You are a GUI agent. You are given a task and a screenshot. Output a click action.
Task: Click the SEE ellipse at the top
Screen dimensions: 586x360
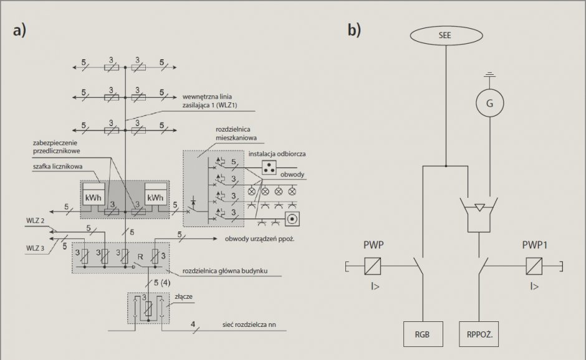coord(446,36)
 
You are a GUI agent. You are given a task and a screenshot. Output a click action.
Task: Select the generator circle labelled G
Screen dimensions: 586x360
coord(489,103)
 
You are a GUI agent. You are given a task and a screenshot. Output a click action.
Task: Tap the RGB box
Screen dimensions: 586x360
coord(423,334)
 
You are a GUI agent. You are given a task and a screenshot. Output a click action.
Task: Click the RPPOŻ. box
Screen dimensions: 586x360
coord(479,334)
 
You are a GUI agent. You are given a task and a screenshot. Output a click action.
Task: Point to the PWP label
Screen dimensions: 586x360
coord(373,245)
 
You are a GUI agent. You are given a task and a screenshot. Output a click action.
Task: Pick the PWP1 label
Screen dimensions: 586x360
coord(535,245)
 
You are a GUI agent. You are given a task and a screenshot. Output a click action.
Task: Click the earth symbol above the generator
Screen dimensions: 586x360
coord(489,75)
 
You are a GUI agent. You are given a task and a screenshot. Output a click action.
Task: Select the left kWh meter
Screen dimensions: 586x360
coord(94,194)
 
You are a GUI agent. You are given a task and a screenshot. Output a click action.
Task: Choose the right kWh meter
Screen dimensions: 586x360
coord(156,194)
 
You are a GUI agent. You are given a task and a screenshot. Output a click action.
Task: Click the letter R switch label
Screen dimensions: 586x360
coord(140,256)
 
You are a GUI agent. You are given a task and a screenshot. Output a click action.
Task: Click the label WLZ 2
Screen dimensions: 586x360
coord(35,220)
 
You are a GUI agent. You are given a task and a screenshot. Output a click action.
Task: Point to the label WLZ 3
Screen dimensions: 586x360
coord(35,248)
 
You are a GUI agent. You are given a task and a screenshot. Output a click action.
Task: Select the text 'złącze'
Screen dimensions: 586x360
coord(183,296)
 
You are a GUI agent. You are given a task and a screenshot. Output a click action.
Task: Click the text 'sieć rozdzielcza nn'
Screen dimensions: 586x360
coord(249,324)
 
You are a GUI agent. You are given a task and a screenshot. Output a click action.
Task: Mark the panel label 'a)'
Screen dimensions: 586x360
coord(19,31)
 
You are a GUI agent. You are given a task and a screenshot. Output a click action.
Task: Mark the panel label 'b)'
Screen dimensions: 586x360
coord(354,30)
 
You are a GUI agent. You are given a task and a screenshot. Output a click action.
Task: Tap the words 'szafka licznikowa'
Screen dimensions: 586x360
coord(57,167)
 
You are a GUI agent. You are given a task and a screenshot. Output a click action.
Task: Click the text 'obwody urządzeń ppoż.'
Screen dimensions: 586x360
coord(259,239)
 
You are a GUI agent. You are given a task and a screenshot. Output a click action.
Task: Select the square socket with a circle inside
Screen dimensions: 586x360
coord(292,218)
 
